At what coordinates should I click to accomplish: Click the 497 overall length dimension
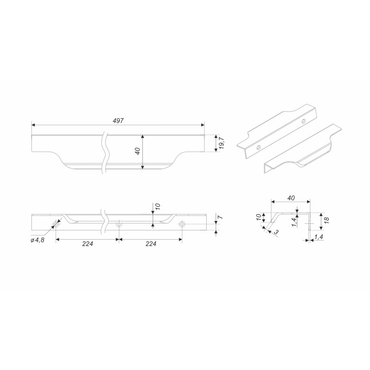point(118,121)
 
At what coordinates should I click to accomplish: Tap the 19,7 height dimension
point(222,143)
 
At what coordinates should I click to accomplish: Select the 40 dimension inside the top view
point(138,151)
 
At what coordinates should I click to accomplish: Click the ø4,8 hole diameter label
point(37,240)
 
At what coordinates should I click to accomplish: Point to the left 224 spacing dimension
point(87,244)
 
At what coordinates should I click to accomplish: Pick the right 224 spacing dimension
point(151,244)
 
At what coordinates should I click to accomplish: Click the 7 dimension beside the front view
point(221,217)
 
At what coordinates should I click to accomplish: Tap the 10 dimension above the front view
point(158,206)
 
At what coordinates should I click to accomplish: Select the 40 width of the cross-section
point(291,198)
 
